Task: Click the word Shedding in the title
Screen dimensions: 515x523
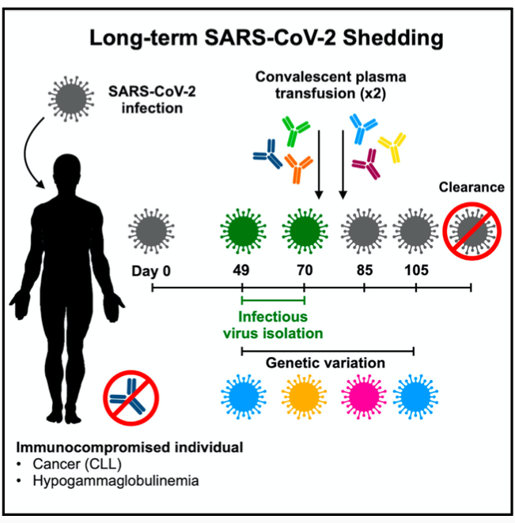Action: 393,39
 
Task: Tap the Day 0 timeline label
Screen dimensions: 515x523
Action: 151,271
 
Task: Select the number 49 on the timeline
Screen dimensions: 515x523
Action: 241,270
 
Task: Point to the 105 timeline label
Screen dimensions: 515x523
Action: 416,270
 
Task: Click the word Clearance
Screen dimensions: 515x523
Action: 471,187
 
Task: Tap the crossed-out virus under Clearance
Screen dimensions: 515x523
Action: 471,231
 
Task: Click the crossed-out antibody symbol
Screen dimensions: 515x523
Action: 131,397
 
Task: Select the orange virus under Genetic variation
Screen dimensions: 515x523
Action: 304,397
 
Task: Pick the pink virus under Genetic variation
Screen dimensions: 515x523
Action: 364,397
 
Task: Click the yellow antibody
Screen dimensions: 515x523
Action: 393,146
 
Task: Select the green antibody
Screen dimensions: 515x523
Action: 295,131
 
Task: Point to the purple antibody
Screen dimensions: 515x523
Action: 367,164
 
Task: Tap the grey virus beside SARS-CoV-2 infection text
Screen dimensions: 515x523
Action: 71,99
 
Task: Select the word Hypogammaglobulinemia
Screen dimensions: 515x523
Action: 115,480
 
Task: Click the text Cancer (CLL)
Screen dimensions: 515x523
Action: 78,464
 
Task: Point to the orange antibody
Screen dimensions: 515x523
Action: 298,168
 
